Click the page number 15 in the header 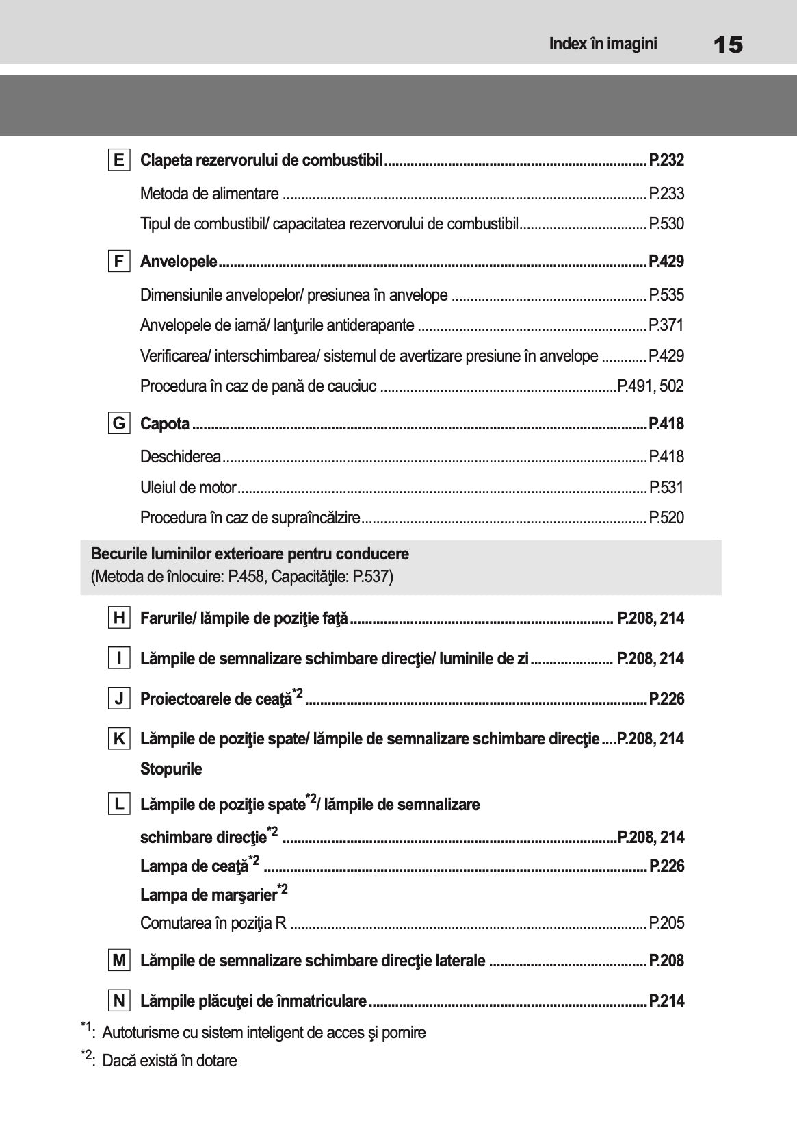(x=727, y=45)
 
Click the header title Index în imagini (x=603, y=45)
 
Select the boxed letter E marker (x=119, y=160)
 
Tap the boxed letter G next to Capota (x=119, y=423)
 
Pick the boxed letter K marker (x=119, y=739)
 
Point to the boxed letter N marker (x=119, y=1001)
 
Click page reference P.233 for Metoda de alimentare (x=666, y=194)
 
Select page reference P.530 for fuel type (x=666, y=224)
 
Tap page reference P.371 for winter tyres (x=666, y=325)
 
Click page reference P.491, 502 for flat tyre (x=650, y=386)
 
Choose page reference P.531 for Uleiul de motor (x=666, y=488)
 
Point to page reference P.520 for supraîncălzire (x=666, y=518)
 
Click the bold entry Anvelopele (x=179, y=262)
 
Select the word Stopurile (x=171, y=769)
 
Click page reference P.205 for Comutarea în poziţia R (x=666, y=923)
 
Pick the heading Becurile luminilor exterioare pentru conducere (x=250, y=553)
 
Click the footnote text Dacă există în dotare (x=169, y=1061)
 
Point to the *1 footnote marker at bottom (x=87, y=1029)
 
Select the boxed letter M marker (x=119, y=961)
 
